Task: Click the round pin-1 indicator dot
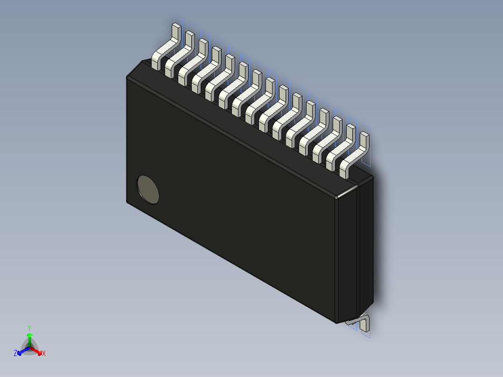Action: point(148,190)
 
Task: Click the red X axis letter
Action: point(44,354)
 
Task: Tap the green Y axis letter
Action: point(29,328)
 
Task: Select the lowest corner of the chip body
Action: point(337,322)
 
